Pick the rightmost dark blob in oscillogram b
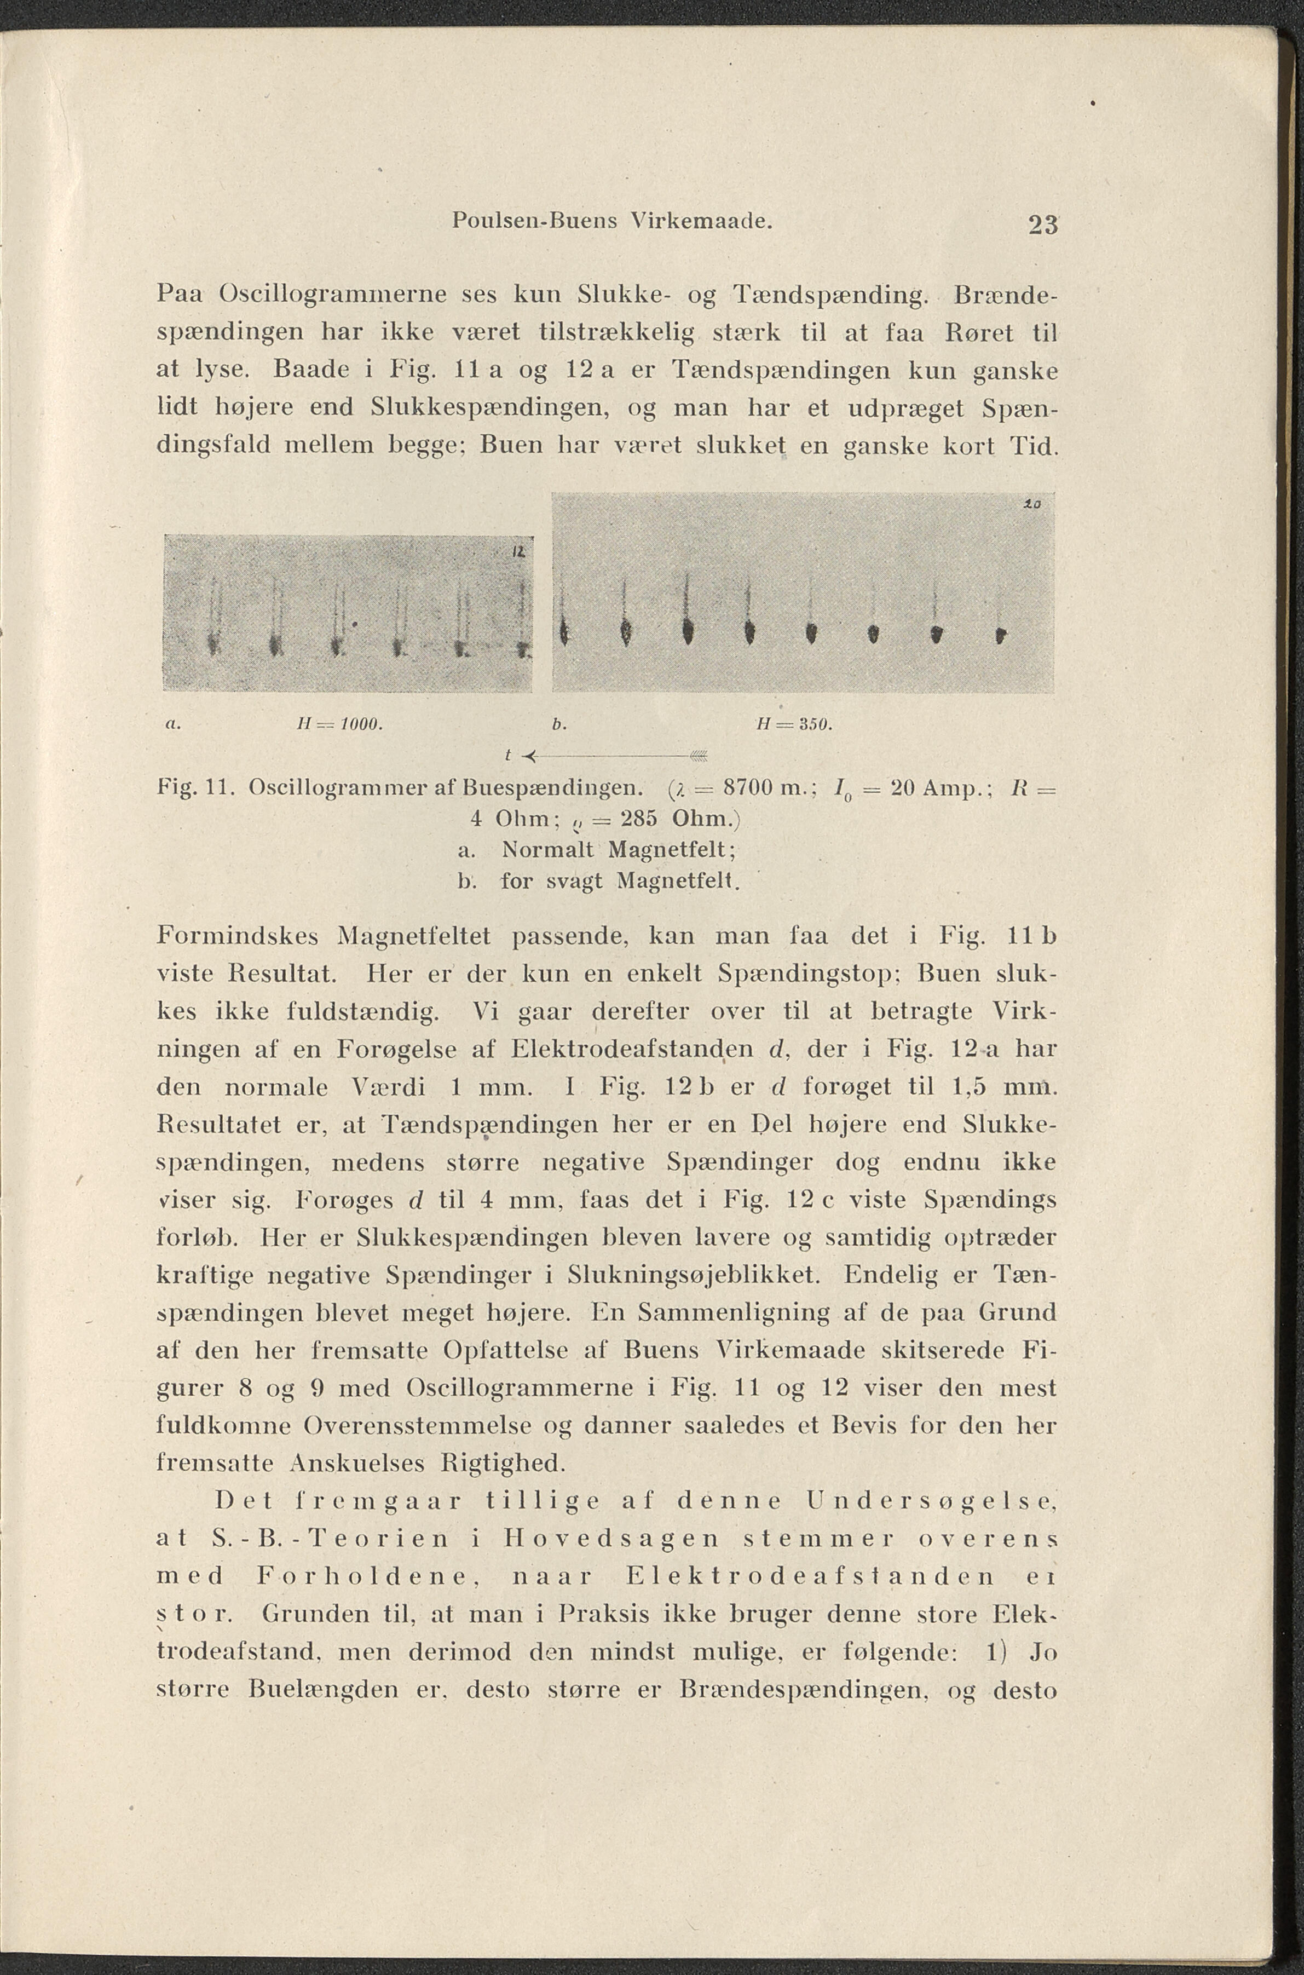[1001, 636]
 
